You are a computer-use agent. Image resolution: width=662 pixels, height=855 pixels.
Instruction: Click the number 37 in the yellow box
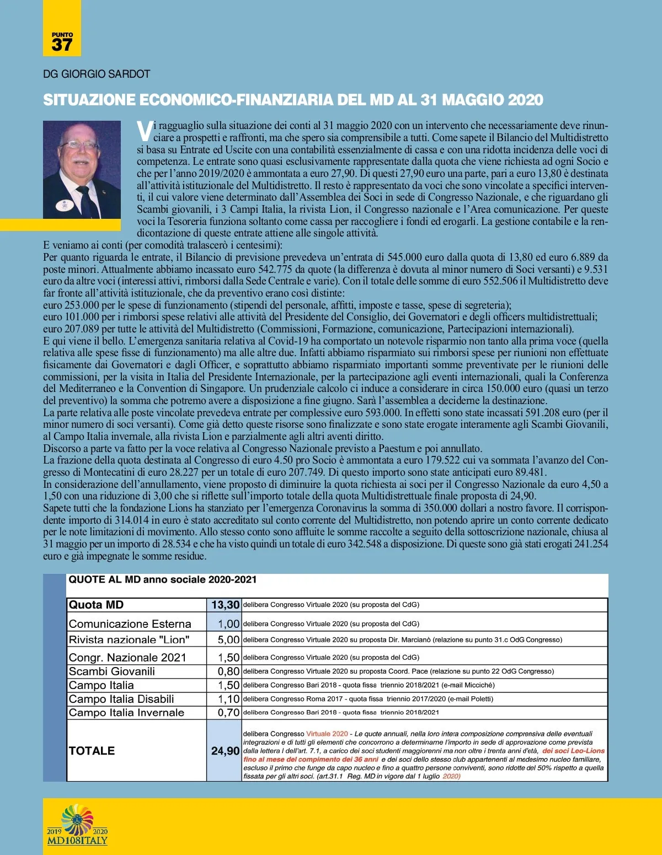pos(62,45)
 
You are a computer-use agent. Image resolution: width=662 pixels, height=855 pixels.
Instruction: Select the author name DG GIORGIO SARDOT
pos(97,74)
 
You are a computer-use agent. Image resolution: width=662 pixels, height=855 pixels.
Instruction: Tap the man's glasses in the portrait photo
pos(79,146)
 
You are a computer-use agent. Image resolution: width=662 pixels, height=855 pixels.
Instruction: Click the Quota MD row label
pos(96,605)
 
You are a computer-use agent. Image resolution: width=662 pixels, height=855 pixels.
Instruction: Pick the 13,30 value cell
pos(225,605)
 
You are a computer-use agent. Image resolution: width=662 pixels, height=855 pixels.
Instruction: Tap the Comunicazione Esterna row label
pos(130,624)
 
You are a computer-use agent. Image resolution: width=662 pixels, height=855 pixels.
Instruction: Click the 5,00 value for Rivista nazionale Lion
pos(228,640)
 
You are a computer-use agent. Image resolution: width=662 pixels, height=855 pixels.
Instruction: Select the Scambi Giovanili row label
pos(111,671)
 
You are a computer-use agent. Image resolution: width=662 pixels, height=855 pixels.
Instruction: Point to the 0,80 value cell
pos(228,671)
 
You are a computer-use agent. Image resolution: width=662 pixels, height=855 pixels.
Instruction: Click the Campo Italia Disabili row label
pos(121,699)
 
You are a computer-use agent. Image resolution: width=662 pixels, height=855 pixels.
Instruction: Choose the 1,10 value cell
pos(228,699)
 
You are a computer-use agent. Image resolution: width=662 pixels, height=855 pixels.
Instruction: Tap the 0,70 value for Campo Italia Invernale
pos(228,713)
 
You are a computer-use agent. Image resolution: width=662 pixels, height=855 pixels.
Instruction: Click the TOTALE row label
pos(92,751)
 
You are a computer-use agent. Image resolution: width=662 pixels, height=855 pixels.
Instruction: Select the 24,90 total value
pos(225,751)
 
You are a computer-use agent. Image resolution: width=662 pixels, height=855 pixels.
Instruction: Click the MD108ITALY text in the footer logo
pos(77,841)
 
